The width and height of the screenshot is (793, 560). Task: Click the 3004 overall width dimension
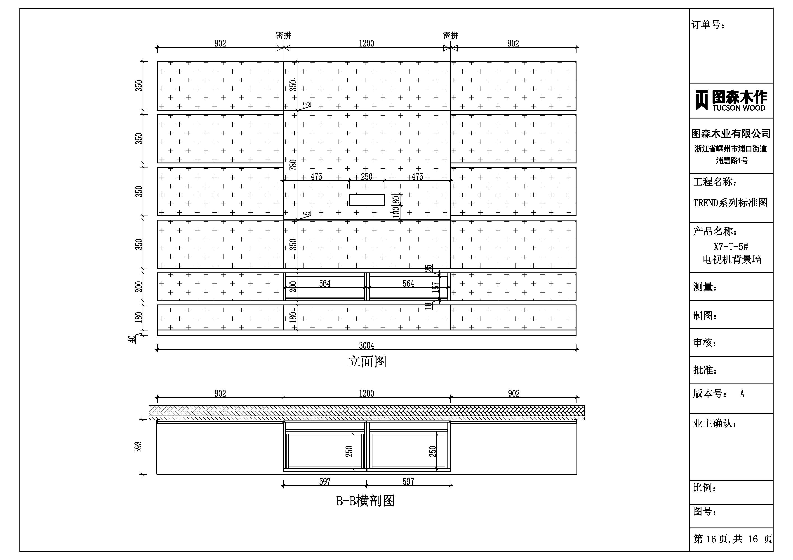pos(367,345)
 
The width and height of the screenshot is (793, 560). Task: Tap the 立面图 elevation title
pos(367,362)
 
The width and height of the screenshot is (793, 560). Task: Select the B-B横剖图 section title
pos(365,501)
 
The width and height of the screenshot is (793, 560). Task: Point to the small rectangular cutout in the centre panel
pos(367,200)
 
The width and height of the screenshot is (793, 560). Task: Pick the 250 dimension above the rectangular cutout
pos(367,177)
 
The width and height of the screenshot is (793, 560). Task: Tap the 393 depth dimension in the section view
pos(138,447)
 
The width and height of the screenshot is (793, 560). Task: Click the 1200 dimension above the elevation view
pos(367,44)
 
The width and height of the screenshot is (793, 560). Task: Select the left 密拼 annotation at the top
pos(283,35)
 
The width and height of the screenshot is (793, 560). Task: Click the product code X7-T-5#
pos(731,247)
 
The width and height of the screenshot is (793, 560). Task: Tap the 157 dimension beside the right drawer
pos(435,287)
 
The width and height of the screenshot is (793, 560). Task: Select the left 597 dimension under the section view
pos(325,481)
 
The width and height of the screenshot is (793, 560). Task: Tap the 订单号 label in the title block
pos(708,25)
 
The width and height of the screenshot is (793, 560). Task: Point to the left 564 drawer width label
pos(325,284)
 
